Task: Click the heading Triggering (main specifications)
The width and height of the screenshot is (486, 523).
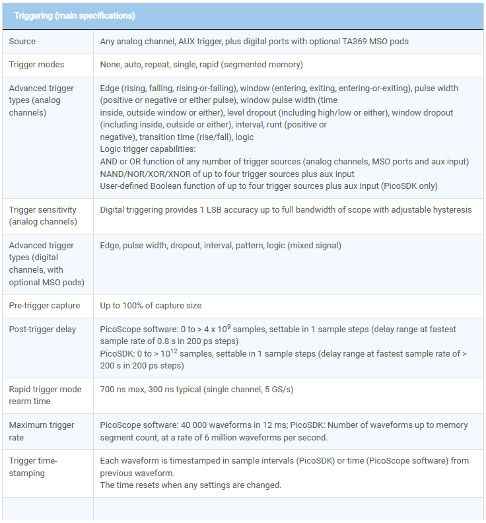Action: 75,15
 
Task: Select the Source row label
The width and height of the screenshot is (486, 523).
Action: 22,42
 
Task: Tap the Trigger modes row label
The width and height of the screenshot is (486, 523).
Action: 36,65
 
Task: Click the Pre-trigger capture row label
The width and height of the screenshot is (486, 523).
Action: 44,306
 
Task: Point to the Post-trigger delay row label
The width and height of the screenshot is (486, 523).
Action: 42,330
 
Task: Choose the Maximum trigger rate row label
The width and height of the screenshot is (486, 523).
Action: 42,431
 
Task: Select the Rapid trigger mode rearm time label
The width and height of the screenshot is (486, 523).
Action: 45,395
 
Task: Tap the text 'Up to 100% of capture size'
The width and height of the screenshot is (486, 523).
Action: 151,306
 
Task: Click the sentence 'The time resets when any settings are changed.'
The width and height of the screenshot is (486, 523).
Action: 190,485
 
